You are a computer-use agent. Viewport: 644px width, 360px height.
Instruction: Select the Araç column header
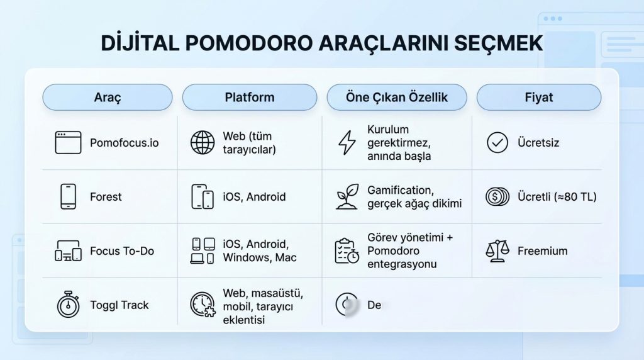(x=107, y=98)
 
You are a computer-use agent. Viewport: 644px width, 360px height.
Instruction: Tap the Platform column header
(x=249, y=98)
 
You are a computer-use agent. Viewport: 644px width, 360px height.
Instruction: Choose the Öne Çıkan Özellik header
(x=397, y=98)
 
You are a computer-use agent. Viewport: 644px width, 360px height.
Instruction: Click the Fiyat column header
(x=539, y=98)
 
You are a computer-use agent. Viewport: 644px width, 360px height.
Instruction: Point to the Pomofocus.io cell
(x=124, y=143)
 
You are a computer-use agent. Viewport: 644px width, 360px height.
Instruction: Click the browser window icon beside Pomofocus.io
(x=68, y=143)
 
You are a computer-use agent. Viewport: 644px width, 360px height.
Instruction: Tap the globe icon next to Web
(x=203, y=143)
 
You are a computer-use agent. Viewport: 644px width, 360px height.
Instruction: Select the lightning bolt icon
(x=347, y=143)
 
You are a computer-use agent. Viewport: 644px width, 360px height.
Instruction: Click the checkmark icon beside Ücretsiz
(x=497, y=143)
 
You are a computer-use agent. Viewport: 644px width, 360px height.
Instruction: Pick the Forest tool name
(x=106, y=197)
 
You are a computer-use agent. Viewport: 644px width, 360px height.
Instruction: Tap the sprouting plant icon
(x=347, y=196)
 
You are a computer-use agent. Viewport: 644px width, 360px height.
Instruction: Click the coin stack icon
(x=497, y=197)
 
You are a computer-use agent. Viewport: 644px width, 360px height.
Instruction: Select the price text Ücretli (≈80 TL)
(x=557, y=197)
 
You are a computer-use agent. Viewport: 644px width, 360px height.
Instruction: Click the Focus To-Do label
(x=121, y=251)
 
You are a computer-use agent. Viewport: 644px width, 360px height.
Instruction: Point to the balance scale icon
(x=497, y=251)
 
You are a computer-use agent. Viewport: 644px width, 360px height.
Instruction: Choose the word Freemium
(x=542, y=251)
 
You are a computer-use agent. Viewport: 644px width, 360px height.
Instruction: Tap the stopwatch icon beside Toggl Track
(x=68, y=305)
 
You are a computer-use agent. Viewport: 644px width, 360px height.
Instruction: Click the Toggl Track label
(x=119, y=305)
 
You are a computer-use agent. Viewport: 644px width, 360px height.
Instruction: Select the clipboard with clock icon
(x=347, y=251)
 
